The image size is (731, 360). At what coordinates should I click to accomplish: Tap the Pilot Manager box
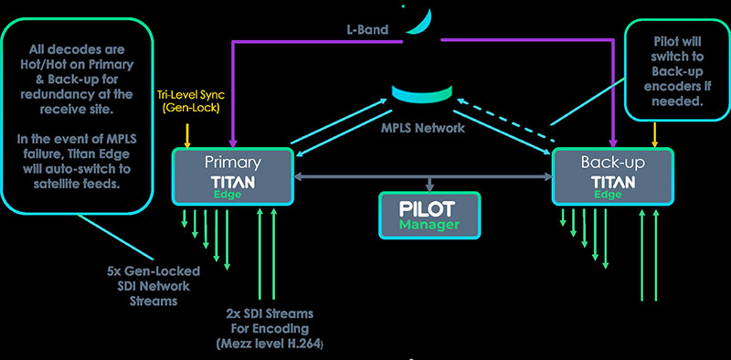pos(429,213)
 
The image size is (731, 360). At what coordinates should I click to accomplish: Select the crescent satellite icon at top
pos(417,20)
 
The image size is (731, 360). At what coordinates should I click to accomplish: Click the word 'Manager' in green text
pos(429,223)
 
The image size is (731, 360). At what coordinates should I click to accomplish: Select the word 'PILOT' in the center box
pos(429,206)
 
